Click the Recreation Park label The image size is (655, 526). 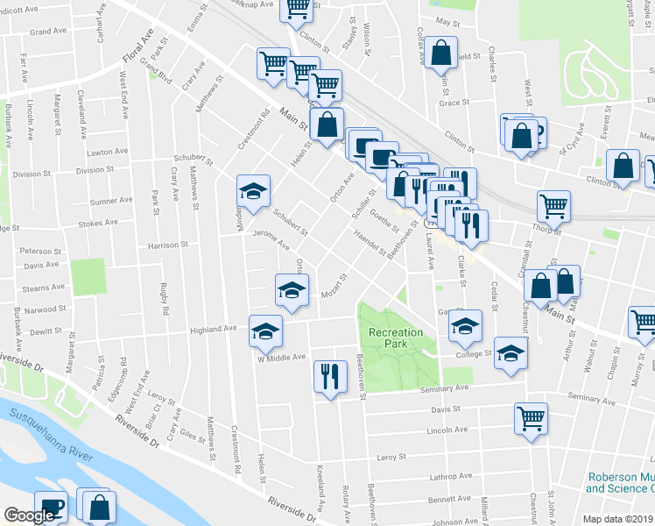[x=396, y=338]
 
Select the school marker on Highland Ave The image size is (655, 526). [x=266, y=331]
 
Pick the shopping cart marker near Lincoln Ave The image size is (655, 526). [x=531, y=418]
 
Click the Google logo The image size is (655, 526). [x=30, y=515]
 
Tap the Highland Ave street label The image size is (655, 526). [x=215, y=329]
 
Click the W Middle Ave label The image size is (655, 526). [x=280, y=358]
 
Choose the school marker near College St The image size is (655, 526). [x=511, y=352]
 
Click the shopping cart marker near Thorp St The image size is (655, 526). [x=553, y=207]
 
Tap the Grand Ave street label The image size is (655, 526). [x=48, y=32]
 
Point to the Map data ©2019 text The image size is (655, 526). [x=617, y=519]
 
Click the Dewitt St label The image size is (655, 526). [x=45, y=333]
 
